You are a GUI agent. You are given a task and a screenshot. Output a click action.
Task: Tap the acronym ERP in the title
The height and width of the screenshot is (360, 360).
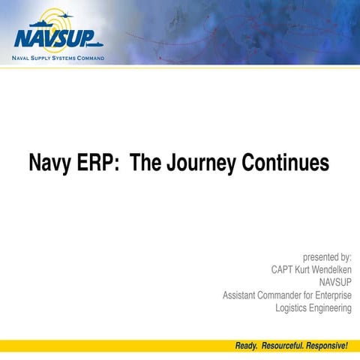coord(97,163)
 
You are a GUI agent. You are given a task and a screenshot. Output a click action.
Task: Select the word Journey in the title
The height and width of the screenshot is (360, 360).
coord(202,163)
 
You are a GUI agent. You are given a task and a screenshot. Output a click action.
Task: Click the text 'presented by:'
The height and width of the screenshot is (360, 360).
coord(327,257)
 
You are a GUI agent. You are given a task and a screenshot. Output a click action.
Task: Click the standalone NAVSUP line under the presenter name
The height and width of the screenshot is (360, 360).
coord(335,283)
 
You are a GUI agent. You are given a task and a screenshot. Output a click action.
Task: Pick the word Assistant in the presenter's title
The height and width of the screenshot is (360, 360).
coord(242,295)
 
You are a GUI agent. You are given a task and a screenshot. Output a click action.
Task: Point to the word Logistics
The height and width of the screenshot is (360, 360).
coord(293,308)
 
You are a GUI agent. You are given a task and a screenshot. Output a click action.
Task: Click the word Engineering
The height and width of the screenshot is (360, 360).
coord(332,308)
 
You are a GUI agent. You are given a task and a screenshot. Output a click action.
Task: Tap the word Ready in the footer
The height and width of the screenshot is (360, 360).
coord(247,346)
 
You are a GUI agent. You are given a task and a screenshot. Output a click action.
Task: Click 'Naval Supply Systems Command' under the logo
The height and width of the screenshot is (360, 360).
coord(58,58)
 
